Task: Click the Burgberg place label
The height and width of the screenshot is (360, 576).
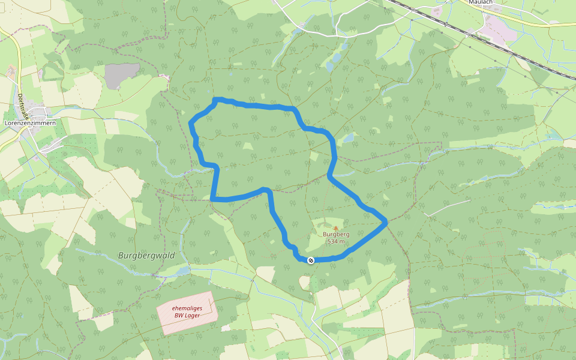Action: [x=336, y=235]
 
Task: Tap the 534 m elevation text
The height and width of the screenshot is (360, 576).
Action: [x=336, y=241]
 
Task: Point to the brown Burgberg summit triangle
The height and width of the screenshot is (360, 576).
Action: [x=336, y=228]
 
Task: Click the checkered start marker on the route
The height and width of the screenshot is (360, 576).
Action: [x=311, y=260]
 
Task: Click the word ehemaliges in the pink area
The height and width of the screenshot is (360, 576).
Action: [x=187, y=308]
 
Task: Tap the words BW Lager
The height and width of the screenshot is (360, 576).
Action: [x=187, y=315]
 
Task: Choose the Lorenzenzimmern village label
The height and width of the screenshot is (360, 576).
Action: [x=30, y=123]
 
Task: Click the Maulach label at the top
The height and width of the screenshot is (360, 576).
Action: [x=481, y=2]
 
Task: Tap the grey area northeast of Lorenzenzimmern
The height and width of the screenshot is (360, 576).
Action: [x=122, y=76]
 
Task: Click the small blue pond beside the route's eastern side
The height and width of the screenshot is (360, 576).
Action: [x=348, y=139]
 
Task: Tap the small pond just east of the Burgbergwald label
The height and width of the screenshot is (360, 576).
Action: [x=180, y=271]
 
